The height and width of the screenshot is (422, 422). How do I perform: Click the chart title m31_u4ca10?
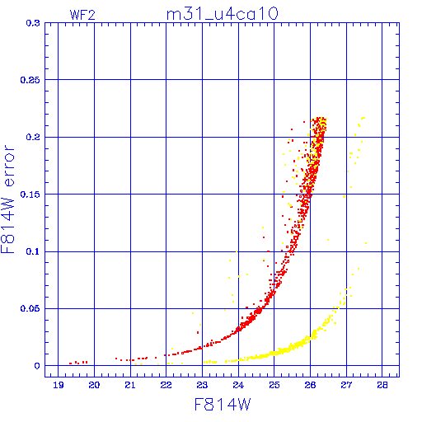(223, 14)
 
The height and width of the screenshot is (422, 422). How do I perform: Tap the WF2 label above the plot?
(82, 15)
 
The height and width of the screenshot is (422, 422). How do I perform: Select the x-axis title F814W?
(223, 405)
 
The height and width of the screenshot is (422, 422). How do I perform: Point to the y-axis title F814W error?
(8, 199)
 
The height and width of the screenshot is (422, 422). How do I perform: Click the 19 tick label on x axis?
(59, 385)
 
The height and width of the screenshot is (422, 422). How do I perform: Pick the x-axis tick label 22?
(166, 385)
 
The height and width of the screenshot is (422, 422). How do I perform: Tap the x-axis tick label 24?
(238, 385)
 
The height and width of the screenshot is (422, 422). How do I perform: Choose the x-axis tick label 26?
(310, 385)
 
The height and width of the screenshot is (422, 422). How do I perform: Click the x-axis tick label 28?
(382, 385)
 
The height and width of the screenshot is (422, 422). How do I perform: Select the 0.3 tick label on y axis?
(33, 23)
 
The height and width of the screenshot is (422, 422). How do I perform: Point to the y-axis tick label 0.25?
(30, 80)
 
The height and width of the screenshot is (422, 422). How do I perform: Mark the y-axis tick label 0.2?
(33, 137)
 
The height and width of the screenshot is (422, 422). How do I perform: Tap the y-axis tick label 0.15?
(30, 195)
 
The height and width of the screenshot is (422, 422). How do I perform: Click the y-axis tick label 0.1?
(33, 251)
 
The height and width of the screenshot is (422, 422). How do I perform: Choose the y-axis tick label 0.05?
(30, 308)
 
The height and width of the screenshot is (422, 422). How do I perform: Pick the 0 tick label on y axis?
(37, 366)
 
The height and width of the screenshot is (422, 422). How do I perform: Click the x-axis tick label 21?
(130, 385)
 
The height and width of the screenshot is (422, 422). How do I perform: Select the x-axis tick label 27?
(346, 385)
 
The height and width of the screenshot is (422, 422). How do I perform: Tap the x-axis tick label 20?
(94, 385)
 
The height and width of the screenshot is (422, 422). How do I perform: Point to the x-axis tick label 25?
(274, 385)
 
